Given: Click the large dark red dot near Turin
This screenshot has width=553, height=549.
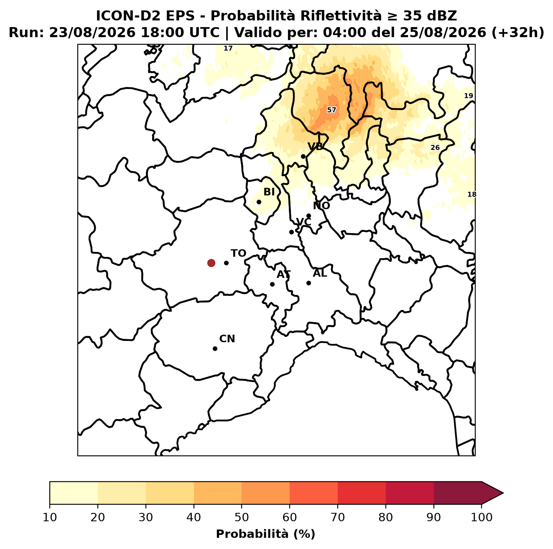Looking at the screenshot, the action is click(x=211, y=262).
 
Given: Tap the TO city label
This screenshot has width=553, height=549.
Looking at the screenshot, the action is click(x=238, y=253).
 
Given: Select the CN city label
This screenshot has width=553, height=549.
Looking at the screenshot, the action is click(x=227, y=339).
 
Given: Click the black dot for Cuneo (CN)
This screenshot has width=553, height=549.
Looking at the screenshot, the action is click(x=215, y=348).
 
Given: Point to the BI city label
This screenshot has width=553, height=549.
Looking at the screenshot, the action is click(x=269, y=192).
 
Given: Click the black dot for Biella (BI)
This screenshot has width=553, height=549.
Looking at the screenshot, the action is click(x=259, y=202).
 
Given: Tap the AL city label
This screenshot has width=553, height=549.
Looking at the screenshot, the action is click(x=320, y=273).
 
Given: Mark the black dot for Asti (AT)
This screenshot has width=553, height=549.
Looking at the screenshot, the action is click(x=272, y=284).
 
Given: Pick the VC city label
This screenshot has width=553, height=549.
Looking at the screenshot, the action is click(x=303, y=222).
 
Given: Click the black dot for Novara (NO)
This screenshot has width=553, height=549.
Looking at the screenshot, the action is click(x=308, y=216).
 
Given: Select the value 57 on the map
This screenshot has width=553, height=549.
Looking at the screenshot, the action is click(x=331, y=110).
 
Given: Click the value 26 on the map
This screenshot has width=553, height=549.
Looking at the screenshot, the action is click(x=435, y=147).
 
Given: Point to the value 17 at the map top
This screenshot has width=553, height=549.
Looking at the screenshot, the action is click(x=228, y=48).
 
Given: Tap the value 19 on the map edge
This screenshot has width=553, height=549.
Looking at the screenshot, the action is click(x=468, y=96).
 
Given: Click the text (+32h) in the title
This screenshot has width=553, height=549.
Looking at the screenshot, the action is click(x=517, y=33).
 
